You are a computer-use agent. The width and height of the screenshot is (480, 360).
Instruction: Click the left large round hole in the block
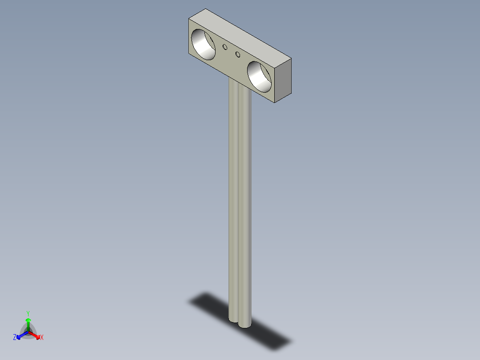[203, 45]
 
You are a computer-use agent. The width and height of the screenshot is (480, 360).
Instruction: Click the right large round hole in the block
[259, 77]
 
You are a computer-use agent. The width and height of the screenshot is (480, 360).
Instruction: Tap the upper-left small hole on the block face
[225, 47]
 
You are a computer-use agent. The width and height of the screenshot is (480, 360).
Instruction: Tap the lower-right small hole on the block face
[238, 54]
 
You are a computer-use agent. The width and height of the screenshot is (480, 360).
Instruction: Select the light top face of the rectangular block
[240, 34]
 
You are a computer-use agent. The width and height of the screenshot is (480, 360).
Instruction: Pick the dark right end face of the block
[283, 80]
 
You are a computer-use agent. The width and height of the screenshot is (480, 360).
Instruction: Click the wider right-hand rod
[244, 209]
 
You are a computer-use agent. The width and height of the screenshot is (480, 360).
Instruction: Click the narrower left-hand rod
[233, 199]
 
